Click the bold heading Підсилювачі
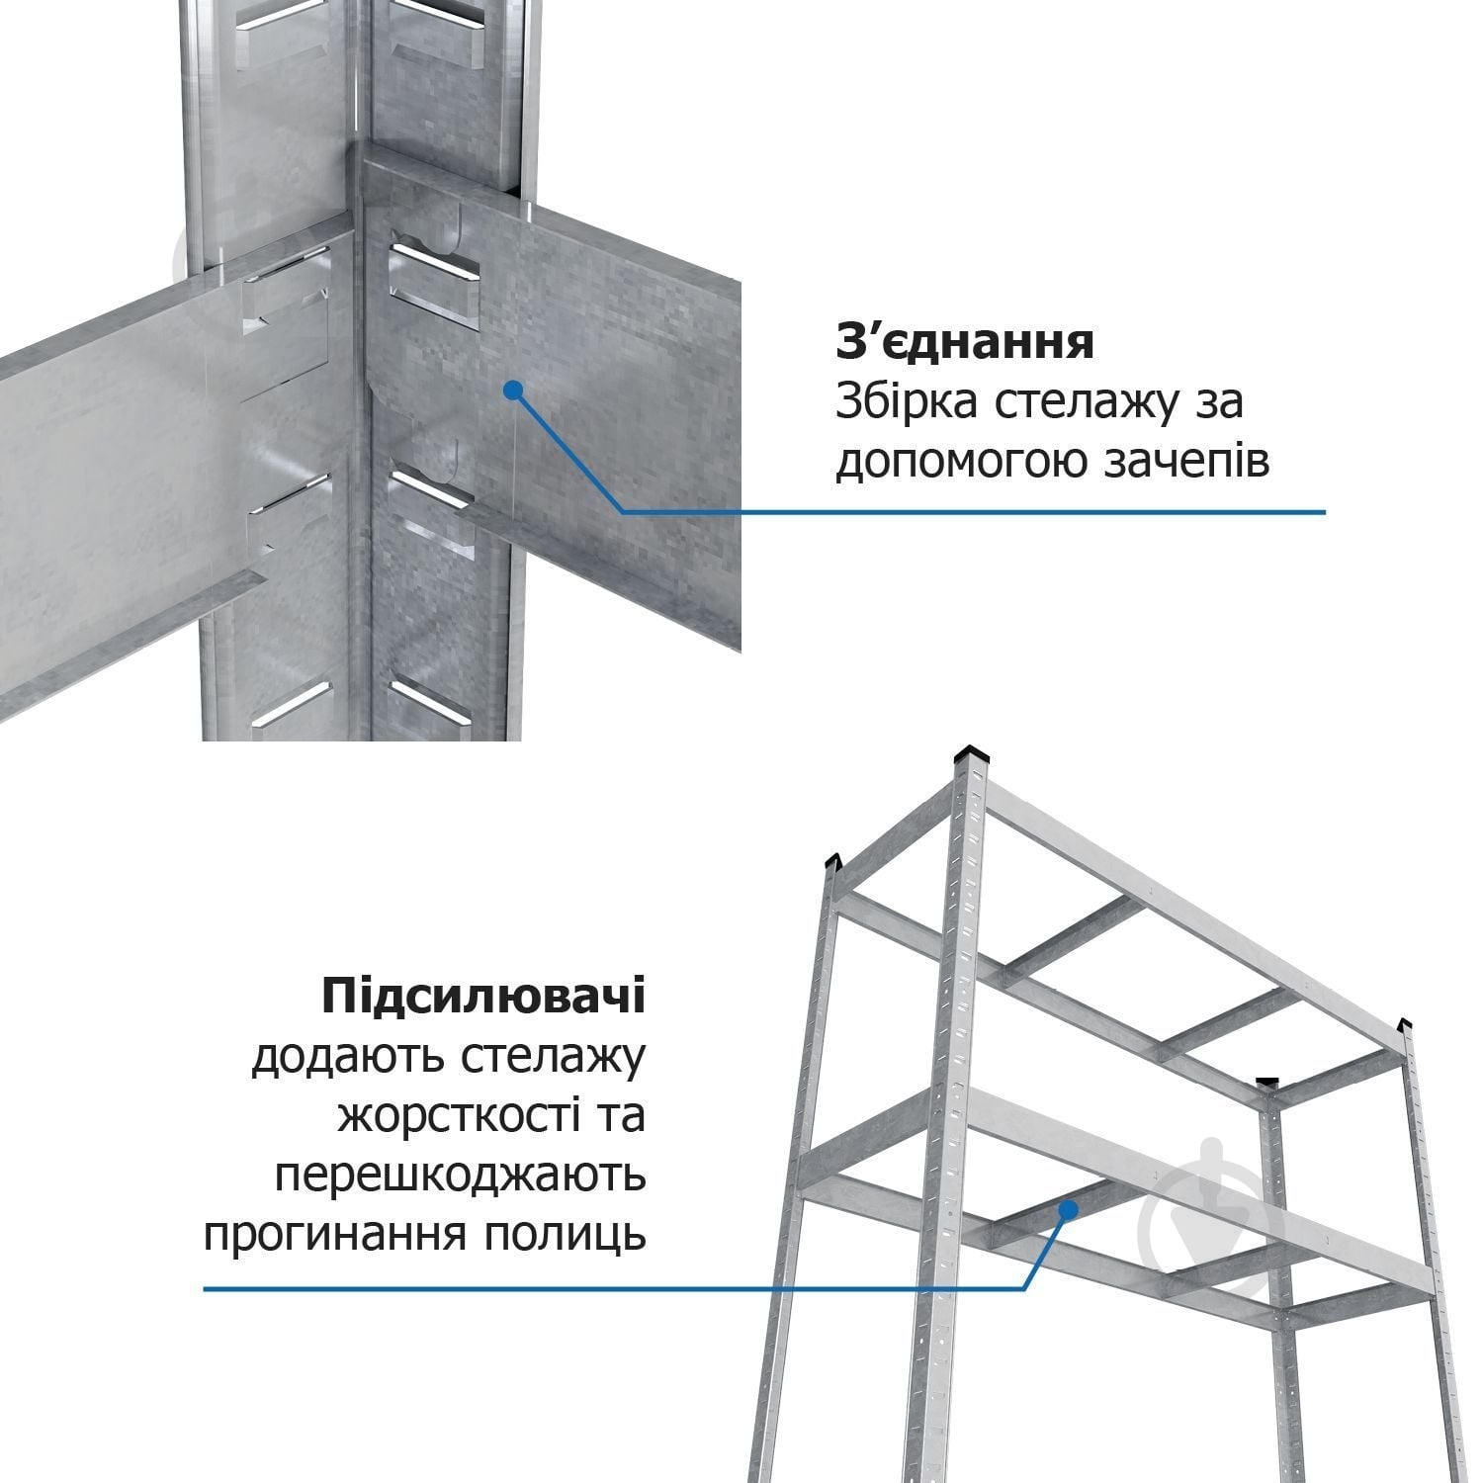click(482, 996)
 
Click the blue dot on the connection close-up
click(511, 391)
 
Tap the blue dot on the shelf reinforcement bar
click(1068, 1208)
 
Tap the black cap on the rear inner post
click(1267, 1084)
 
